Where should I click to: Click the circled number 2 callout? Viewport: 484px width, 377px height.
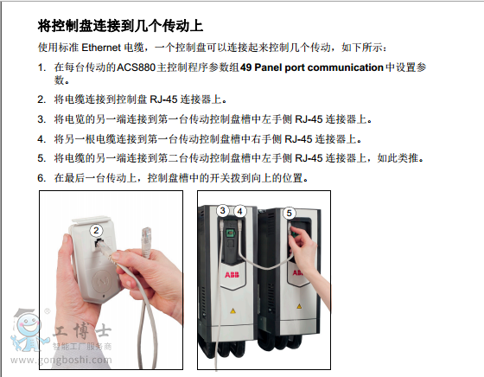[x=96, y=230]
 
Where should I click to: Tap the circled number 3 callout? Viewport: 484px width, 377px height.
[x=223, y=211]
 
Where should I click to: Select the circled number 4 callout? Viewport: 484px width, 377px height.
[x=240, y=212]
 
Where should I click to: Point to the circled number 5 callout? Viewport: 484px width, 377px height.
[x=289, y=213]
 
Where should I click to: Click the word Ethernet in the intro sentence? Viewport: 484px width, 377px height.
[x=101, y=48]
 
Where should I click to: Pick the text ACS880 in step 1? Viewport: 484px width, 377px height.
[x=136, y=67]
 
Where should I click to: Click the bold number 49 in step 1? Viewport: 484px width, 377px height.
[x=246, y=67]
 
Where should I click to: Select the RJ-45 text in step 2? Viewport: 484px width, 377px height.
[x=163, y=99]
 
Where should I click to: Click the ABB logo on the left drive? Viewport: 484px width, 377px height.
[x=232, y=274]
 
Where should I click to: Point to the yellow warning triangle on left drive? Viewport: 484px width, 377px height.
[x=232, y=310]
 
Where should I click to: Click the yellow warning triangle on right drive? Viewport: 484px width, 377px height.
[x=299, y=306]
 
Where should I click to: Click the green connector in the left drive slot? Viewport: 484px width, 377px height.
[x=230, y=233]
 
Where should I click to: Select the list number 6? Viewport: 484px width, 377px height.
[x=41, y=178]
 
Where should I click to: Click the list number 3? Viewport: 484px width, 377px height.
[x=41, y=119]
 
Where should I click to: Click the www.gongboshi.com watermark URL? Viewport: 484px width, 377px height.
[x=61, y=360]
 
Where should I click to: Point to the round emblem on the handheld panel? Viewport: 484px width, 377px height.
[x=102, y=281]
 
